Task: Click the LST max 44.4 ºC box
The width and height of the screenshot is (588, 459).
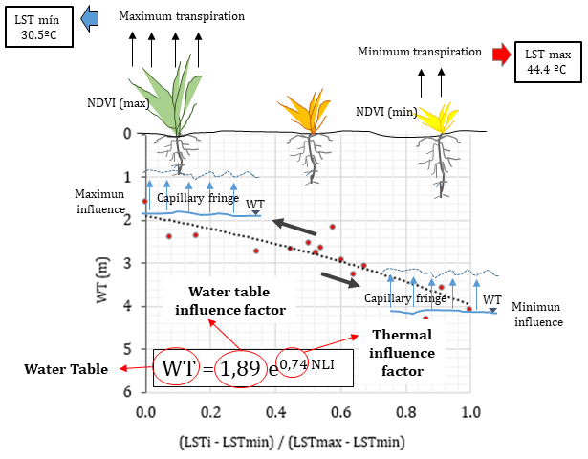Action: (546, 59)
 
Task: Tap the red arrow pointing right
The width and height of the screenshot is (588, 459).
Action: (499, 55)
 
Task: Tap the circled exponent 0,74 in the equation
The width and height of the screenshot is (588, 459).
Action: (294, 364)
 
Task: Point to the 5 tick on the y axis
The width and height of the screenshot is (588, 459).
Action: (126, 348)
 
